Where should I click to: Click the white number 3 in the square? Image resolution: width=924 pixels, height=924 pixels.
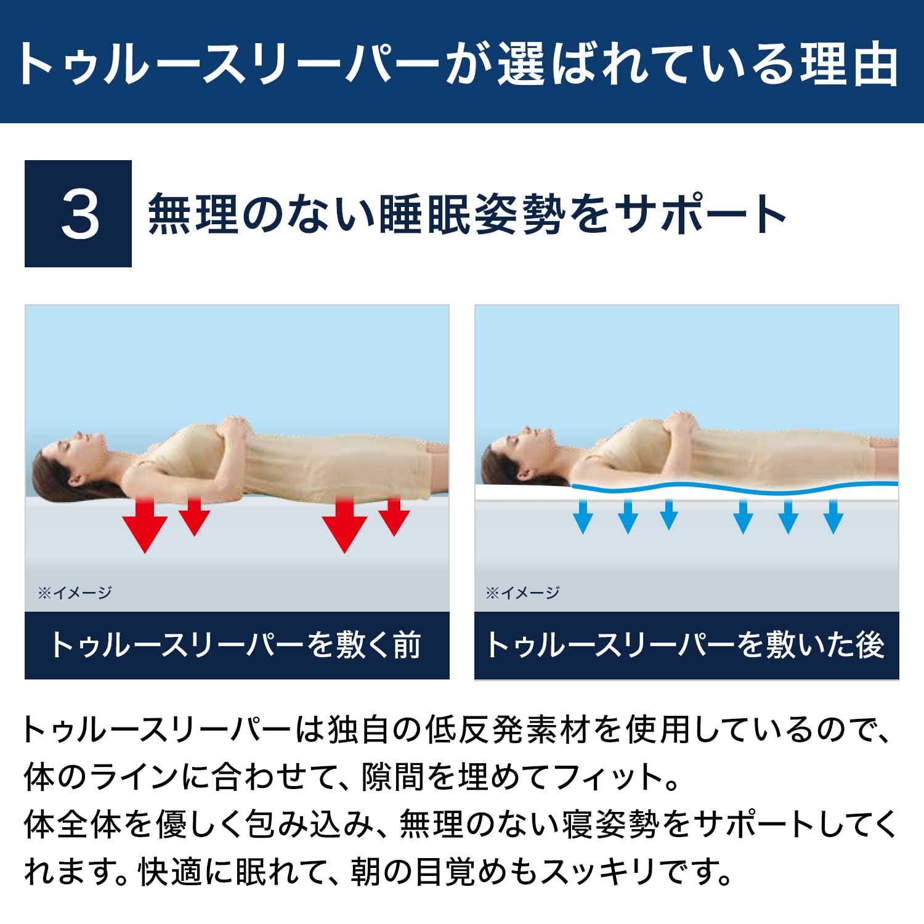pyautogui.click(x=79, y=214)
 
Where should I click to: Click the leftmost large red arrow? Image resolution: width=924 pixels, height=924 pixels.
pyautogui.click(x=145, y=525)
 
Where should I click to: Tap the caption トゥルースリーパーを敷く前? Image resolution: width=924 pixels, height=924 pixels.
pyautogui.click(x=237, y=646)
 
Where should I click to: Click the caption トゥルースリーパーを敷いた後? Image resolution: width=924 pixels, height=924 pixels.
pyautogui.click(x=686, y=646)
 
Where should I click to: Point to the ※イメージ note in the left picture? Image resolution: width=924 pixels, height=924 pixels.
pyautogui.click(x=75, y=593)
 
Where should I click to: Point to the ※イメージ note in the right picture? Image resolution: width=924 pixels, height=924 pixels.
pyautogui.click(x=523, y=593)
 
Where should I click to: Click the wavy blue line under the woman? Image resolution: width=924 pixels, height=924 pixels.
pyautogui.click(x=733, y=490)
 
